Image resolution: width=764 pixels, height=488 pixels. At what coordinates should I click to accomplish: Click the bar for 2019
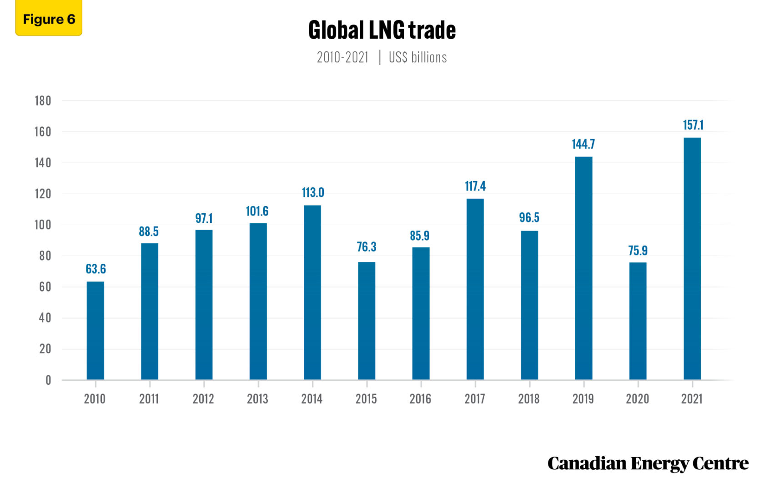583,268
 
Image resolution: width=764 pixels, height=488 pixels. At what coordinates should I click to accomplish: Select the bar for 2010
95,331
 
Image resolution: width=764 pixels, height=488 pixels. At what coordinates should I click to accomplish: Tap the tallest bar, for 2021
692,259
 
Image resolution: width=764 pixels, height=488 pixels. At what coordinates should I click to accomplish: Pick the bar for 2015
367,321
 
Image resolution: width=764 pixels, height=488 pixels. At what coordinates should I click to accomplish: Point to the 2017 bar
475,289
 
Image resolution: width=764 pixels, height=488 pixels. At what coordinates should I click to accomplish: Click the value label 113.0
313,193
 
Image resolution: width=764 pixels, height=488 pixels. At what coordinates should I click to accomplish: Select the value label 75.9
638,251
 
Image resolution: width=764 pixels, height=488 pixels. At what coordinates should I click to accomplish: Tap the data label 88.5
149,231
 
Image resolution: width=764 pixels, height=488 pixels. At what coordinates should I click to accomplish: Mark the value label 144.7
583,144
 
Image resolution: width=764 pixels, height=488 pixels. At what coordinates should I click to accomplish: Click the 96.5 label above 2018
529,217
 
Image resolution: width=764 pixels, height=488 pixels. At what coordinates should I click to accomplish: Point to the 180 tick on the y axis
43,101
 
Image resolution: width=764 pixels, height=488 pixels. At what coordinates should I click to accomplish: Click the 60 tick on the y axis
45,287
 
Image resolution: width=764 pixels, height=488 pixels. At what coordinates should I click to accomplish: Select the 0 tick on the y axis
48,380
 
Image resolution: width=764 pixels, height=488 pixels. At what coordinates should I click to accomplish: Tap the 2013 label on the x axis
257,399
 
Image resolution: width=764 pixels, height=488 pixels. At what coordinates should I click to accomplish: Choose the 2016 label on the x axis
420,399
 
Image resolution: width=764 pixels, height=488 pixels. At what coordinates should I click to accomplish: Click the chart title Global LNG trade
382,30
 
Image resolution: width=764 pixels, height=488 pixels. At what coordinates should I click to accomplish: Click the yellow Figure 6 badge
49,19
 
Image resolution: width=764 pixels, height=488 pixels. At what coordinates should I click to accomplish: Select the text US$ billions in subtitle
417,57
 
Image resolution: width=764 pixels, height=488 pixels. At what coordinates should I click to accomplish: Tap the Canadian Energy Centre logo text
648,463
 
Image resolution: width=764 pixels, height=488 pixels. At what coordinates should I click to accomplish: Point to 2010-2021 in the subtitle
342,57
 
